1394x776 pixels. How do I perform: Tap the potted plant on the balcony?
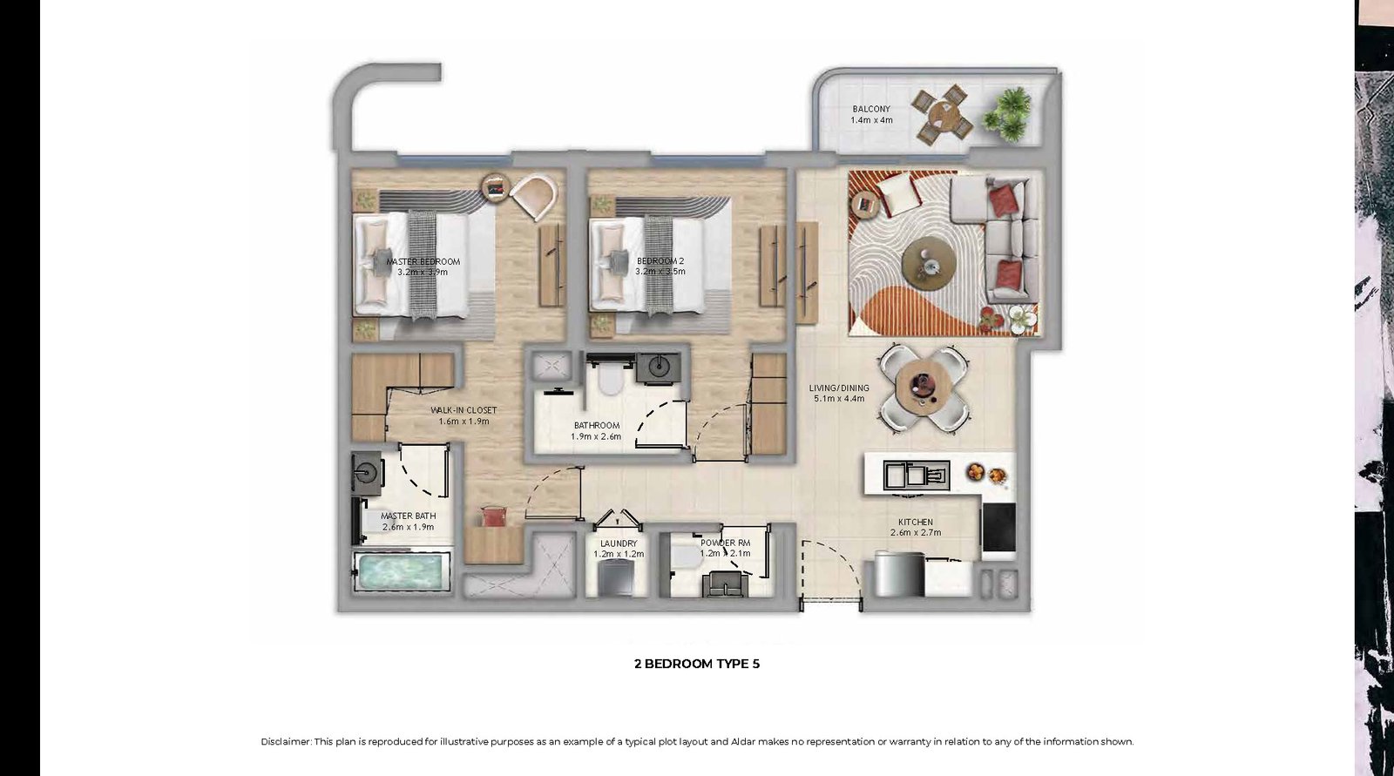point(1005,113)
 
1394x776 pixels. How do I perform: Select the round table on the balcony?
point(944,115)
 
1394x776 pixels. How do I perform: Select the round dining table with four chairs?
point(924,389)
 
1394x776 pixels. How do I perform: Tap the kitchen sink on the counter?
point(916,475)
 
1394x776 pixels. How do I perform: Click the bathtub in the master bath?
point(400,571)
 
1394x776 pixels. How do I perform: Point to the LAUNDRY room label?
point(619,543)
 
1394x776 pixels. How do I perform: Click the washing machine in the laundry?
point(615,578)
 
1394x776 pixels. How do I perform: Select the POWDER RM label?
point(725,543)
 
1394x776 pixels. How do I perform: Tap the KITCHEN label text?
point(916,522)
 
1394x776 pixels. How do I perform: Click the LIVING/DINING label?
point(839,388)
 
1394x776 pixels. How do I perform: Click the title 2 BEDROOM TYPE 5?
point(697,664)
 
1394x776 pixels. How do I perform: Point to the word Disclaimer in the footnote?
point(285,742)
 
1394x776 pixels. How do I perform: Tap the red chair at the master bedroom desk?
point(493,516)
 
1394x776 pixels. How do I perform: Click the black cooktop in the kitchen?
point(998,527)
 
